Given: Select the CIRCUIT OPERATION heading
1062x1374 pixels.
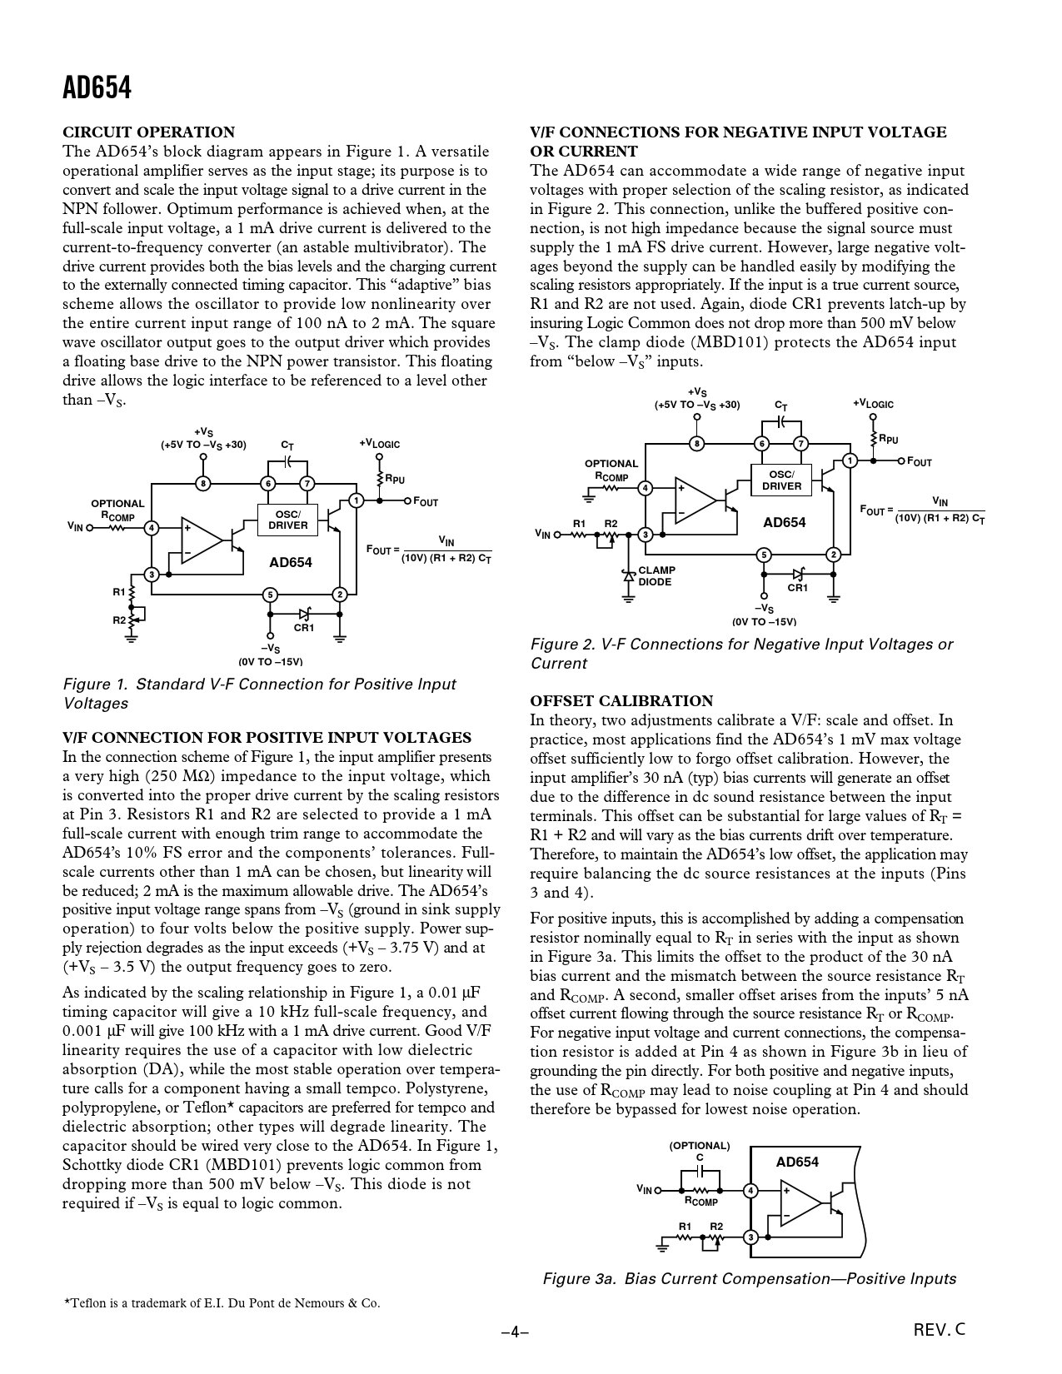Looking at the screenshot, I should (149, 132).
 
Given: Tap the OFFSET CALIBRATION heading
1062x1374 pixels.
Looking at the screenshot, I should (621, 701).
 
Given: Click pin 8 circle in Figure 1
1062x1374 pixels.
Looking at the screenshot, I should (202, 483).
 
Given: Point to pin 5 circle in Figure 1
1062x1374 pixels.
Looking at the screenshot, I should (269, 595).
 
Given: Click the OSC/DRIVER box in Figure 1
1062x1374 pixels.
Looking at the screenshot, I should (288, 520).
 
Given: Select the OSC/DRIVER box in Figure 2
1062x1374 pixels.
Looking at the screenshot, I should (781, 480).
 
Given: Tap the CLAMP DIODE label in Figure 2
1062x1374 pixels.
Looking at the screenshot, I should (656, 576).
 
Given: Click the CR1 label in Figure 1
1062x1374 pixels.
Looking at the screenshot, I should (304, 627).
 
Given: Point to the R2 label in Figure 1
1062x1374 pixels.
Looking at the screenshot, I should (119, 620).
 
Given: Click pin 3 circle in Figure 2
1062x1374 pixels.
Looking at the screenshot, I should (645, 535).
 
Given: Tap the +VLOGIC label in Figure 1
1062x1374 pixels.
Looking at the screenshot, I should (380, 444).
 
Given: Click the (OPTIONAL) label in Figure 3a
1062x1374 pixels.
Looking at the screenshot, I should (700, 1146).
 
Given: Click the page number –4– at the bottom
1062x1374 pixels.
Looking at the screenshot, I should (515, 1332).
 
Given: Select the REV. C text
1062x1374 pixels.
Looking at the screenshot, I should (940, 1330).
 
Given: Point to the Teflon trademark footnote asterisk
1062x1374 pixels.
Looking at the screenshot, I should (67, 1302).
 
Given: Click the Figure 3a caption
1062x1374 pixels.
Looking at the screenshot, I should (749, 1279).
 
